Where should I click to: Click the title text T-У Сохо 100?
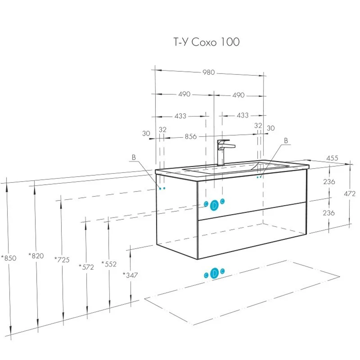tap(207, 42)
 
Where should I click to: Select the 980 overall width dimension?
tap(208, 72)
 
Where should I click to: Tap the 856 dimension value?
tap(191, 136)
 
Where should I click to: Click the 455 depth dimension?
tap(332, 158)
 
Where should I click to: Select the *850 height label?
tap(9, 258)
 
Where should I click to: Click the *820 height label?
tap(36, 256)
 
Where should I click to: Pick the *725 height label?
tap(62, 260)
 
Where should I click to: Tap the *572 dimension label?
tap(86, 267)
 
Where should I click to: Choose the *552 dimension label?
tap(109, 264)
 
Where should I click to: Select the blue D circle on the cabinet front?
tap(214, 205)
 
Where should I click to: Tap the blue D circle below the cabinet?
tap(214, 273)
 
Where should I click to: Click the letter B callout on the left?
tap(133, 157)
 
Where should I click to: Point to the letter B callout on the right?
tap(286, 141)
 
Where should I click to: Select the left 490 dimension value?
tap(184, 94)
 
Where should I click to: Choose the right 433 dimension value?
tap(242, 115)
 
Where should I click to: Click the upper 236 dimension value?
tap(329, 182)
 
